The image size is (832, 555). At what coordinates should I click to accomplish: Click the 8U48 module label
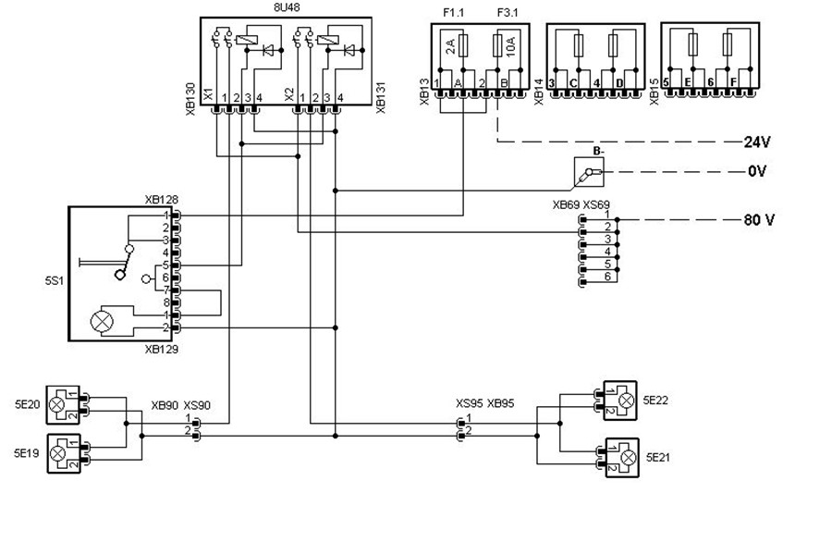(x=286, y=7)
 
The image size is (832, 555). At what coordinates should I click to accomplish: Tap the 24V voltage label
(x=757, y=142)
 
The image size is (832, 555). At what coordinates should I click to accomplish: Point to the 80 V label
(x=758, y=221)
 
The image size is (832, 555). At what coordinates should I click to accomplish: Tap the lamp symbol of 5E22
(x=627, y=400)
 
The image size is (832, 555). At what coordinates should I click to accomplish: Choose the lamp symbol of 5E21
(x=628, y=457)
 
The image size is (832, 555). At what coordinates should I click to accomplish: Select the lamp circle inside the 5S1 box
(x=99, y=323)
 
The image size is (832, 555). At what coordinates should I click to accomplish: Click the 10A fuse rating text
(x=511, y=46)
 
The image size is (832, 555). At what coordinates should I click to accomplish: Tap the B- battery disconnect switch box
(x=588, y=171)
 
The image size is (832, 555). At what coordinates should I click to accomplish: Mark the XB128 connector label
(x=162, y=201)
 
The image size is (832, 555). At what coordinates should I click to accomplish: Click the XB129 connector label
(x=162, y=351)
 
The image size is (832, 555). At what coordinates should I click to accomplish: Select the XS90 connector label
(x=197, y=405)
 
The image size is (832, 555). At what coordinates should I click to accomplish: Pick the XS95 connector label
(x=469, y=403)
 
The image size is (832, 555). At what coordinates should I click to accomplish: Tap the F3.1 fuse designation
(x=508, y=13)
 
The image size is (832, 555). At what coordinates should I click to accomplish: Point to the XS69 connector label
(x=597, y=204)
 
